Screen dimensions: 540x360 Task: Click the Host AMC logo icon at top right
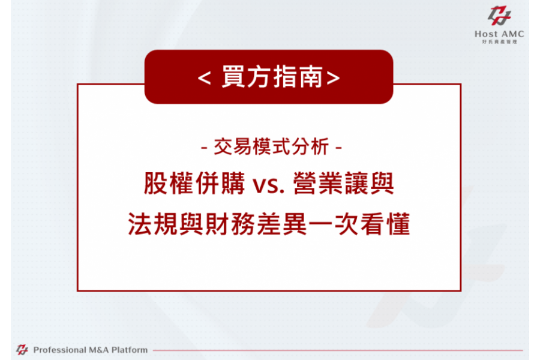coord(499,16)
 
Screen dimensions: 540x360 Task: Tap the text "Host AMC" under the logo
coord(499,34)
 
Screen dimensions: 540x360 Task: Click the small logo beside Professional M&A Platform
coord(22,350)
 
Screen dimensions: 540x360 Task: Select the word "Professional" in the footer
coord(59,350)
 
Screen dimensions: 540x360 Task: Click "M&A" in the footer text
coord(98,350)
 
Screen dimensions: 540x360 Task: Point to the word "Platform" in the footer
coord(130,350)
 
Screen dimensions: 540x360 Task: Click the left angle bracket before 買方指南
coord(204,78)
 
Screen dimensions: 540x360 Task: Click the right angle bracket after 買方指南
coord(333,78)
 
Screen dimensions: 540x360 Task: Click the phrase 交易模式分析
coord(271,146)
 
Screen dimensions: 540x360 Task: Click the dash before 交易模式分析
coord(204,148)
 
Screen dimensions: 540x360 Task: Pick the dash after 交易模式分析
coord(338,148)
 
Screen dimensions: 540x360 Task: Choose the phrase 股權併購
coord(194,183)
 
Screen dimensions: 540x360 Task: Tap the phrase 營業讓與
coord(343,183)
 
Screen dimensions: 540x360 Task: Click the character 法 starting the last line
coord(140,224)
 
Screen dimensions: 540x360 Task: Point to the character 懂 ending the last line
coord(398,224)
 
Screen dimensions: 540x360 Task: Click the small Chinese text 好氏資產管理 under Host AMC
coord(500,41)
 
